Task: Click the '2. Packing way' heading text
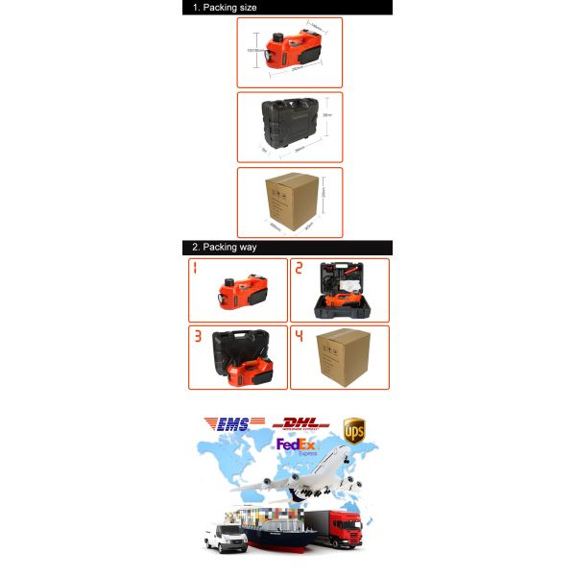[x=224, y=248]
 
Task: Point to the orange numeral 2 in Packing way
[x=299, y=270]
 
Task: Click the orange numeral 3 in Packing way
[x=196, y=337]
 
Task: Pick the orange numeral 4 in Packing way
[x=299, y=337]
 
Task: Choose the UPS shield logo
[x=355, y=428]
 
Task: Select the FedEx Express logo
[x=298, y=447]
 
